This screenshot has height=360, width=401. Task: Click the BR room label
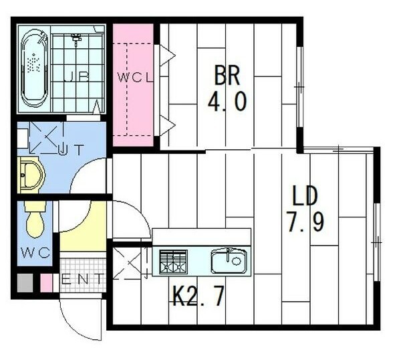pos(227,76)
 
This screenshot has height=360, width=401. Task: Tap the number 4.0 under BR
pos(227,102)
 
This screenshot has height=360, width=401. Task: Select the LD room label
pos(305,196)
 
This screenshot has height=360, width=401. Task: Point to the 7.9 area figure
pos(306,222)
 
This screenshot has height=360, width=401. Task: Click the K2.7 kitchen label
pos(198,296)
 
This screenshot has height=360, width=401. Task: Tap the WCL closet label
pos(135,78)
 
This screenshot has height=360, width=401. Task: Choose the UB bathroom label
pos(76,76)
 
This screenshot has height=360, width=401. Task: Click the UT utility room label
pos(71,150)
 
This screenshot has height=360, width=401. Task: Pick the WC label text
pos(35,253)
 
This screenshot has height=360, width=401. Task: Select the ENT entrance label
pos(82,279)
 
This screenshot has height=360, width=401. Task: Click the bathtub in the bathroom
pos(35,68)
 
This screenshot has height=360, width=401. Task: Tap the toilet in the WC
pos(35,219)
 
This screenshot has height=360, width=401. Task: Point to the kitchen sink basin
pos(229,261)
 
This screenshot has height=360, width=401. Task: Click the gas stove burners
pos(173,262)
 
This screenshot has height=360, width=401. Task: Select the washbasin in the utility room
pos(31,175)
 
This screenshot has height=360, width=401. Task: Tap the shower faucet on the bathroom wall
pos(76,39)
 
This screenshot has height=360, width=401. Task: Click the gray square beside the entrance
pos(25,283)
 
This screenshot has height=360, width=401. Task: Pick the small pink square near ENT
pos(47,283)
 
